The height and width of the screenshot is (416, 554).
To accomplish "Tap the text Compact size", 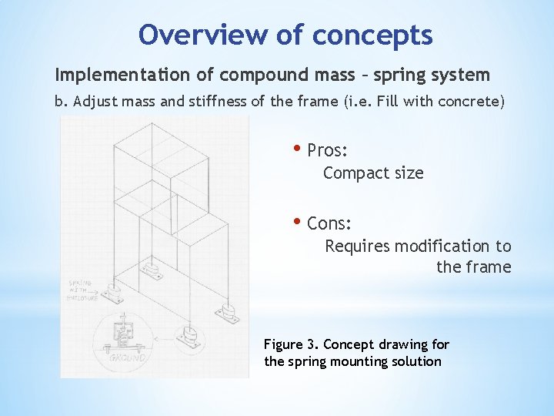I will (373, 173).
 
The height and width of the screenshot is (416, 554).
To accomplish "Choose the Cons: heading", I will (329, 224).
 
